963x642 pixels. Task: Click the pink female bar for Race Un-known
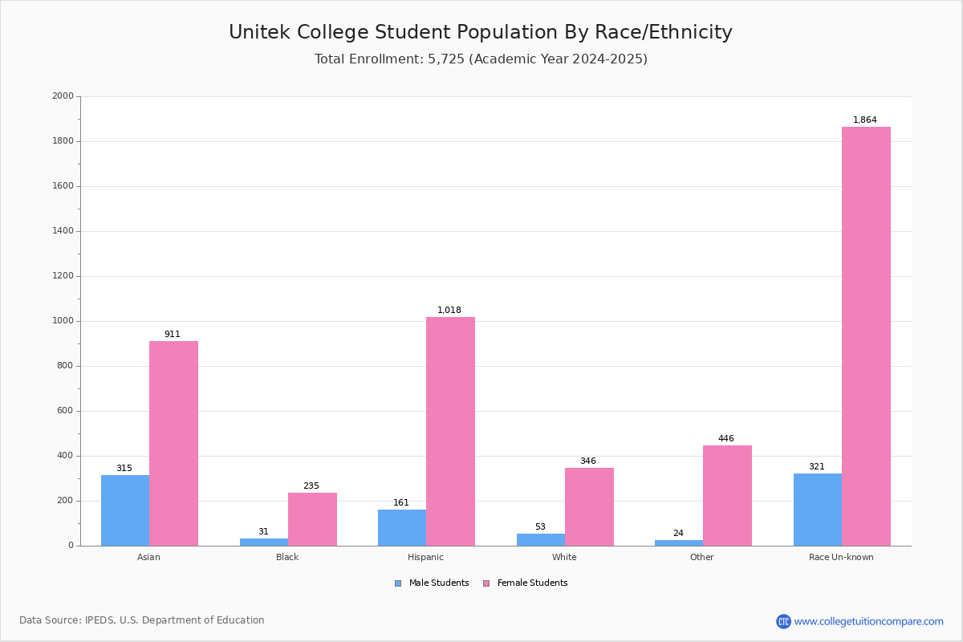click(866, 336)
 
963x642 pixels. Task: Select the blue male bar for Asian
click(125, 510)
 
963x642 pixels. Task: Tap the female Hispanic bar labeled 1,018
click(450, 431)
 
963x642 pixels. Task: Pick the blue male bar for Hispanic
click(402, 527)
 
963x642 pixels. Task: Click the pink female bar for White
click(589, 506)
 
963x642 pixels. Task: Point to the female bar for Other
click(727, 495)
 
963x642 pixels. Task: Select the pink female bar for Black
click(312, 519)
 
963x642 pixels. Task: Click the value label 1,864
click(864, 120)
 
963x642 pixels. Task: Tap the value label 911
click(173, 335)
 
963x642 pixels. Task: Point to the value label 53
click(540, 527)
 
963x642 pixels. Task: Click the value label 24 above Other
click(678, 534)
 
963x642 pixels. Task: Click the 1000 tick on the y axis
click(63, 321)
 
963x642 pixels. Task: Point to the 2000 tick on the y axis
click(63, 96)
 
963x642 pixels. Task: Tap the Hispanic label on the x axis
click(425, 557)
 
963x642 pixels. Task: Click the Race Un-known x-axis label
click(841, 557)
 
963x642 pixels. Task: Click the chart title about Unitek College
click(480, 32)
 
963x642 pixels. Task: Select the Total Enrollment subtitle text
click(480, 59)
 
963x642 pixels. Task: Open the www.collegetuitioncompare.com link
click(868, 621)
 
